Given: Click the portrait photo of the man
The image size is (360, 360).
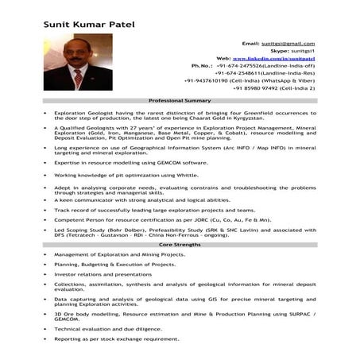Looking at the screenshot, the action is tap(78, 61).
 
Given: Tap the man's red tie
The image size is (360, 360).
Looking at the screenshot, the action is tap(79, 79).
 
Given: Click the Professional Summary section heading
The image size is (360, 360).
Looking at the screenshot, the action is tap(180, 103).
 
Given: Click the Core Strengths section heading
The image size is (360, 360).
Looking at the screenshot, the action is tap(180, 246).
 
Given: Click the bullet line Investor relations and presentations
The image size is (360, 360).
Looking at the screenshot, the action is tap(103, 273).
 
